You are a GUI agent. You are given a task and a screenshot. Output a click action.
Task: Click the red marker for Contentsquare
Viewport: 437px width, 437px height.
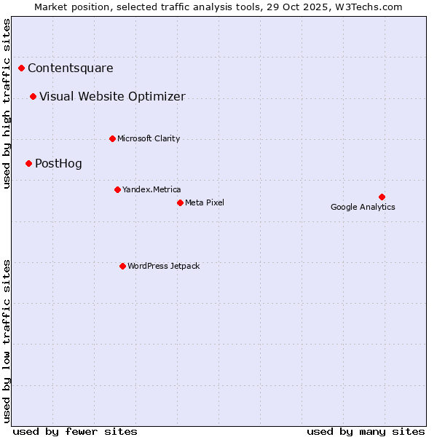22,68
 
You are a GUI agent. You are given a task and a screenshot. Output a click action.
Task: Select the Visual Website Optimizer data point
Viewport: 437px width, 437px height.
34,97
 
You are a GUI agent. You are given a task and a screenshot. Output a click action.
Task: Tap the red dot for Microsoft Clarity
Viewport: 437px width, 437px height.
112,138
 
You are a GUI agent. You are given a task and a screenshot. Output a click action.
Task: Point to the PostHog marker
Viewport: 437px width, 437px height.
29,164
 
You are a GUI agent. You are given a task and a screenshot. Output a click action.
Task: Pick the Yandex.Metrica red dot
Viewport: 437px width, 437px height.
117,189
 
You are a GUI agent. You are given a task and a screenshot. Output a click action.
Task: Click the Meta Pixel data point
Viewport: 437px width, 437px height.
180,202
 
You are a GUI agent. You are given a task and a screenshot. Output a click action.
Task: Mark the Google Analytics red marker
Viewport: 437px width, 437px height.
382,197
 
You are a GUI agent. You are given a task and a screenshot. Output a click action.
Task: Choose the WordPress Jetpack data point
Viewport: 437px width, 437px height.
122,266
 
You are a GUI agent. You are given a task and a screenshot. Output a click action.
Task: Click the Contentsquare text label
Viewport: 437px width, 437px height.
71,68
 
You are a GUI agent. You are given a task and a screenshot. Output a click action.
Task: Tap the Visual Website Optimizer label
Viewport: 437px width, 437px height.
112,97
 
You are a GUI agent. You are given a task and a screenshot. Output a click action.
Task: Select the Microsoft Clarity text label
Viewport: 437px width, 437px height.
149,138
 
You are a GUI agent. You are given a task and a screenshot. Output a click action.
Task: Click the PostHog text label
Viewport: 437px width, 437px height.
58,164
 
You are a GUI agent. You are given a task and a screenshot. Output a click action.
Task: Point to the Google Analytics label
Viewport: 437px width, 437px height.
363,208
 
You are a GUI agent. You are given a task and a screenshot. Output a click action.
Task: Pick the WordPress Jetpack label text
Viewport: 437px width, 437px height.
163,266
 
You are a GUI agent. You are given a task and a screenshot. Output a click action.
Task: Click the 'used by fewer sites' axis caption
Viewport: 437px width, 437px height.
75,431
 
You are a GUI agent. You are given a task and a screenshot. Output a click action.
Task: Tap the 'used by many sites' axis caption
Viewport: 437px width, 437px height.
366,431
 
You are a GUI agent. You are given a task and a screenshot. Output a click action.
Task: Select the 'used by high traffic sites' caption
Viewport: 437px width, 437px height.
7,104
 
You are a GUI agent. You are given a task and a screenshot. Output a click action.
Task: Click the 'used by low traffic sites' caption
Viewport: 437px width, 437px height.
7,341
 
